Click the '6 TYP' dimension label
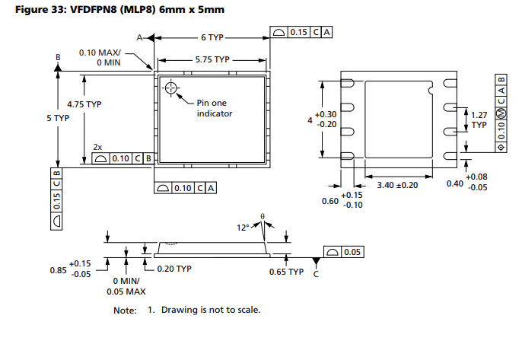pyautogui.click(x=212, y=37)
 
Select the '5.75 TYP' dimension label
pyautogui.click(x=212, y=59)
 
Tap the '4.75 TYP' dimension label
pyautogui.click(x=84, y=104)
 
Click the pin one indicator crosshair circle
pyautogui.click(x=170, y=88)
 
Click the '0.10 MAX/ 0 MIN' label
pyautogui.click(x=100, y=58)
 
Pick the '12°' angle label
pyautogui.click(x=243, y=227)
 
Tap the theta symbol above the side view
pyautogui.click(x=263, y=216)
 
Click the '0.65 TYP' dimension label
pyautogui.click(x=287, y=271)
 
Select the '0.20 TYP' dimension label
pyautogui.click(x=175, y=269)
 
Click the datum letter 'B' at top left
pyautogui.click(x=57, y=56)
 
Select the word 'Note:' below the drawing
pyautogui.click(x=125, y=310)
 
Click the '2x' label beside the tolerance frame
pyautogui.click(x=97, y=146)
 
